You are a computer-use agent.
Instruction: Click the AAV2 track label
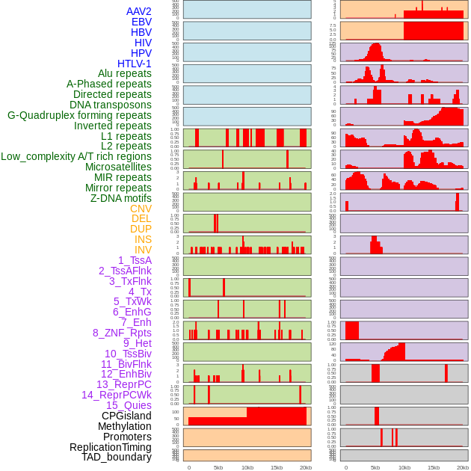point(138,11)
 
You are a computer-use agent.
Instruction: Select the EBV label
point(141,22)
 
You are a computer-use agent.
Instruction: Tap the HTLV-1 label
point(134,64)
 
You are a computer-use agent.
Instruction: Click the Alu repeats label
point(124,73)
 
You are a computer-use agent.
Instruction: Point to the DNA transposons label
point(111,105)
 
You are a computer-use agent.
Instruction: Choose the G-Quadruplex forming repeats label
point(79,115)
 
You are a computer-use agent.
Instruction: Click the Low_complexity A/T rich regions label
point(76,156)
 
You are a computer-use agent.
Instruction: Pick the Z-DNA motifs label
point(121,198)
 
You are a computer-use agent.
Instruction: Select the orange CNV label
point(141,209)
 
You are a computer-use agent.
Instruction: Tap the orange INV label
point(143,250)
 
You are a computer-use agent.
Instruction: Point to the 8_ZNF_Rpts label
point(122,333)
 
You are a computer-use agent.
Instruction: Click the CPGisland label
point(126,416)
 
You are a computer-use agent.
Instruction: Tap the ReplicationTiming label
point(110,447)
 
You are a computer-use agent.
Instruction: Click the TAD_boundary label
point(116,457)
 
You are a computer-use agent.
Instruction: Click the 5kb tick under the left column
point(218,467)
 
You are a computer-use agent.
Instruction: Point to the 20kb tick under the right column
point(463,467)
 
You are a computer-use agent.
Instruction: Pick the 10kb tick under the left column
point(247,467)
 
